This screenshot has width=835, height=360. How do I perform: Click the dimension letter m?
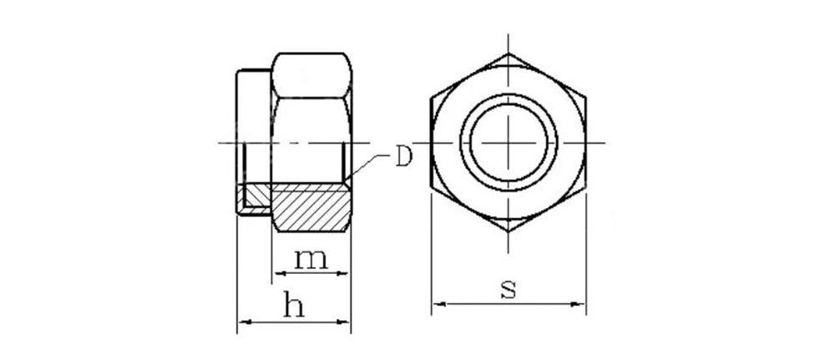click(311, 259)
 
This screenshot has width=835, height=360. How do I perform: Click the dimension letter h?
click(293, 304)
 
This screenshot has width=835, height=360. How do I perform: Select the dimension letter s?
click(508, 289)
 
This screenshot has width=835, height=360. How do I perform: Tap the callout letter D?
click(403, 157)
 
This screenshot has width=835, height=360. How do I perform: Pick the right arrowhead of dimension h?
click(343, 322)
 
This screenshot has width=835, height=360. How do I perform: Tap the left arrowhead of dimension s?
click(439, 304)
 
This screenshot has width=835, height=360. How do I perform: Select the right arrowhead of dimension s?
click(578, 304)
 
